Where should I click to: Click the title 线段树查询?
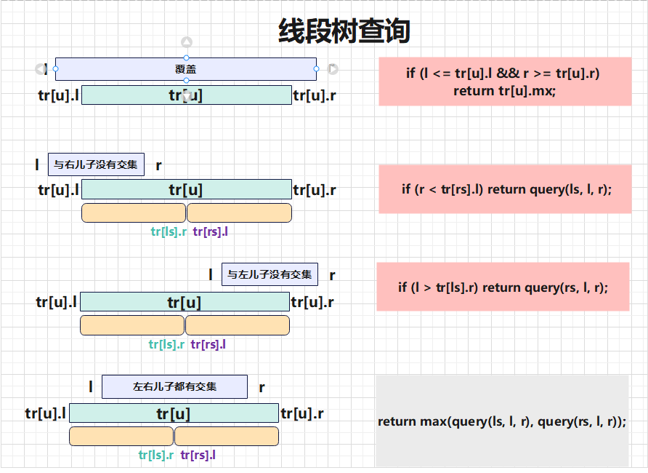(x=344, y=31)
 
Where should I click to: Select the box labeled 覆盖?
(x=186, y=69)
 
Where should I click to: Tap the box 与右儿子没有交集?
(x=96, y=164)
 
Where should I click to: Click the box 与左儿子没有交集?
(x=270, y=274)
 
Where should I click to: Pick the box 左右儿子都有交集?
(x=174, y=386)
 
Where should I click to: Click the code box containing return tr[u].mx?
(x=505, y=82)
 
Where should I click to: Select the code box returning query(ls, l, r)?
(x=505, y=189)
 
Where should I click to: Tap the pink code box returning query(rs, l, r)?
(x=503, y=287)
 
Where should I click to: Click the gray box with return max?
(x=502, y=421)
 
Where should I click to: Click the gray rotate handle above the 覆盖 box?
(x=187, y=41)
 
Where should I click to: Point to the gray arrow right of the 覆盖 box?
(x=333, y=69)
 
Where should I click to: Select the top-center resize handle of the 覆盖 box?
(x=186, y=58)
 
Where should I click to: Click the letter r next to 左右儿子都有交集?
(x=262, y=388)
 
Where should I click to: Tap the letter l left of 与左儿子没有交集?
(x=211, y=274)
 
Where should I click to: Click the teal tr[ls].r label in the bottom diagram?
(x=155, y=456)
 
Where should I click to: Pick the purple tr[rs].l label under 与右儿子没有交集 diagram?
(x=211, y=231)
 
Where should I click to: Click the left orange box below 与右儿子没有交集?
(x=134, y=212)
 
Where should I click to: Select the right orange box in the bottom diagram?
(x=227, y=436)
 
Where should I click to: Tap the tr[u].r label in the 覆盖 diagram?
(x=315, y=95)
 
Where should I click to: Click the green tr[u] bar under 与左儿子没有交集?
(x=185, y=302)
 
